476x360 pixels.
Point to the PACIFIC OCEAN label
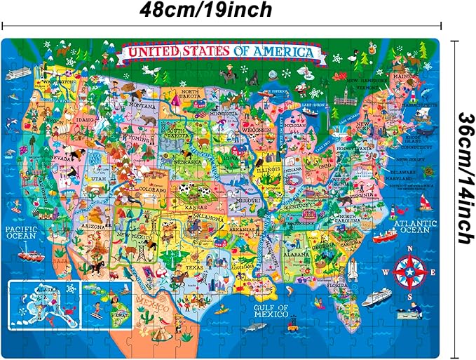(x=22, y=232)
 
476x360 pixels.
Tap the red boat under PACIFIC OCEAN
(x=30, y=256)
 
